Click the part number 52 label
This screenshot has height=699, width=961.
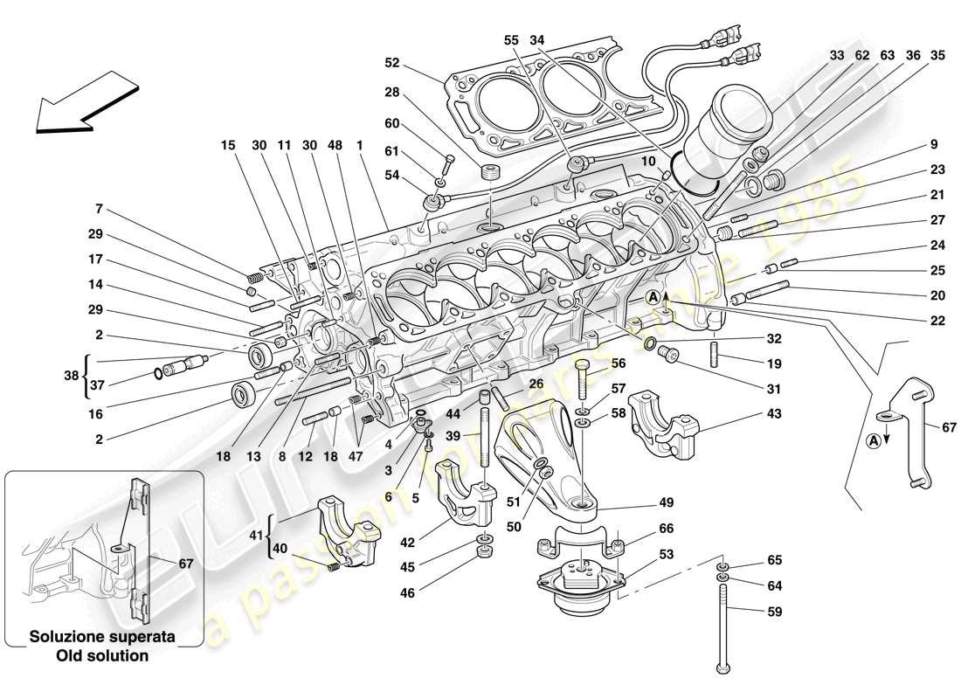tap(392, 63)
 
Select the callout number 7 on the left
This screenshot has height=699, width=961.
tap(100, 209)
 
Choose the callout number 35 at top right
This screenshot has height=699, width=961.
tap(937, 55)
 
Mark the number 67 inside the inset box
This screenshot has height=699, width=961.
tap(184, 564)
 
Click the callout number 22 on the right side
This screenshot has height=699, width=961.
tap(937, 321)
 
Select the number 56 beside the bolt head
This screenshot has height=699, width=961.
tap(619, 363)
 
